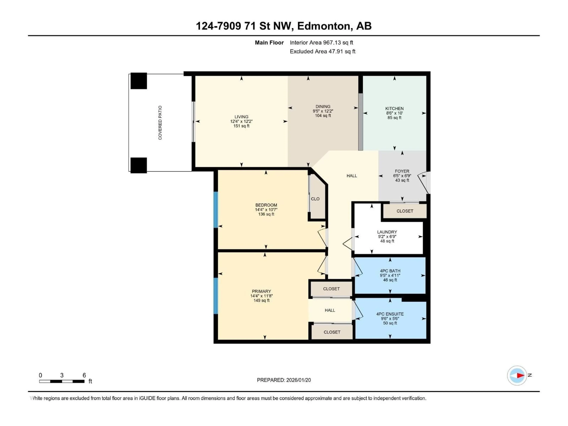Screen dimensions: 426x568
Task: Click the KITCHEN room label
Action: [x=394, y=108]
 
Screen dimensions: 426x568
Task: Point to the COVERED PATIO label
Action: [x=160, y=123]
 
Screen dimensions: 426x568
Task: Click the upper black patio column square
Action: [x=139, y=81]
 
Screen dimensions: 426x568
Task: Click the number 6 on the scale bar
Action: [x=84, y=375]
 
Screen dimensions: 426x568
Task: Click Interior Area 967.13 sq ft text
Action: [x=321, y=43]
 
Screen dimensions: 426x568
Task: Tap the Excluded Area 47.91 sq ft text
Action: [x=322, y=51]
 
